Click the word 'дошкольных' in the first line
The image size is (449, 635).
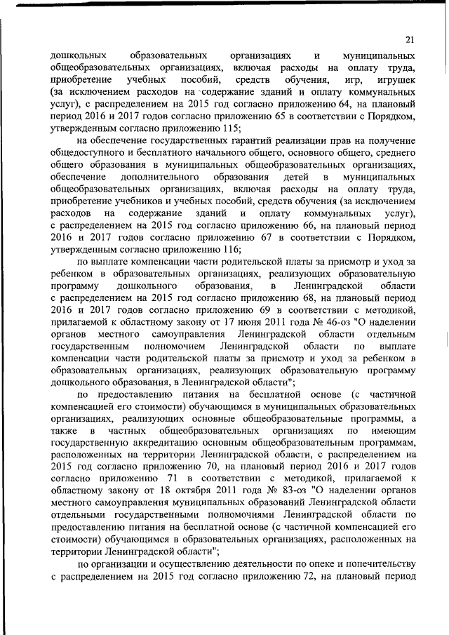78,55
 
